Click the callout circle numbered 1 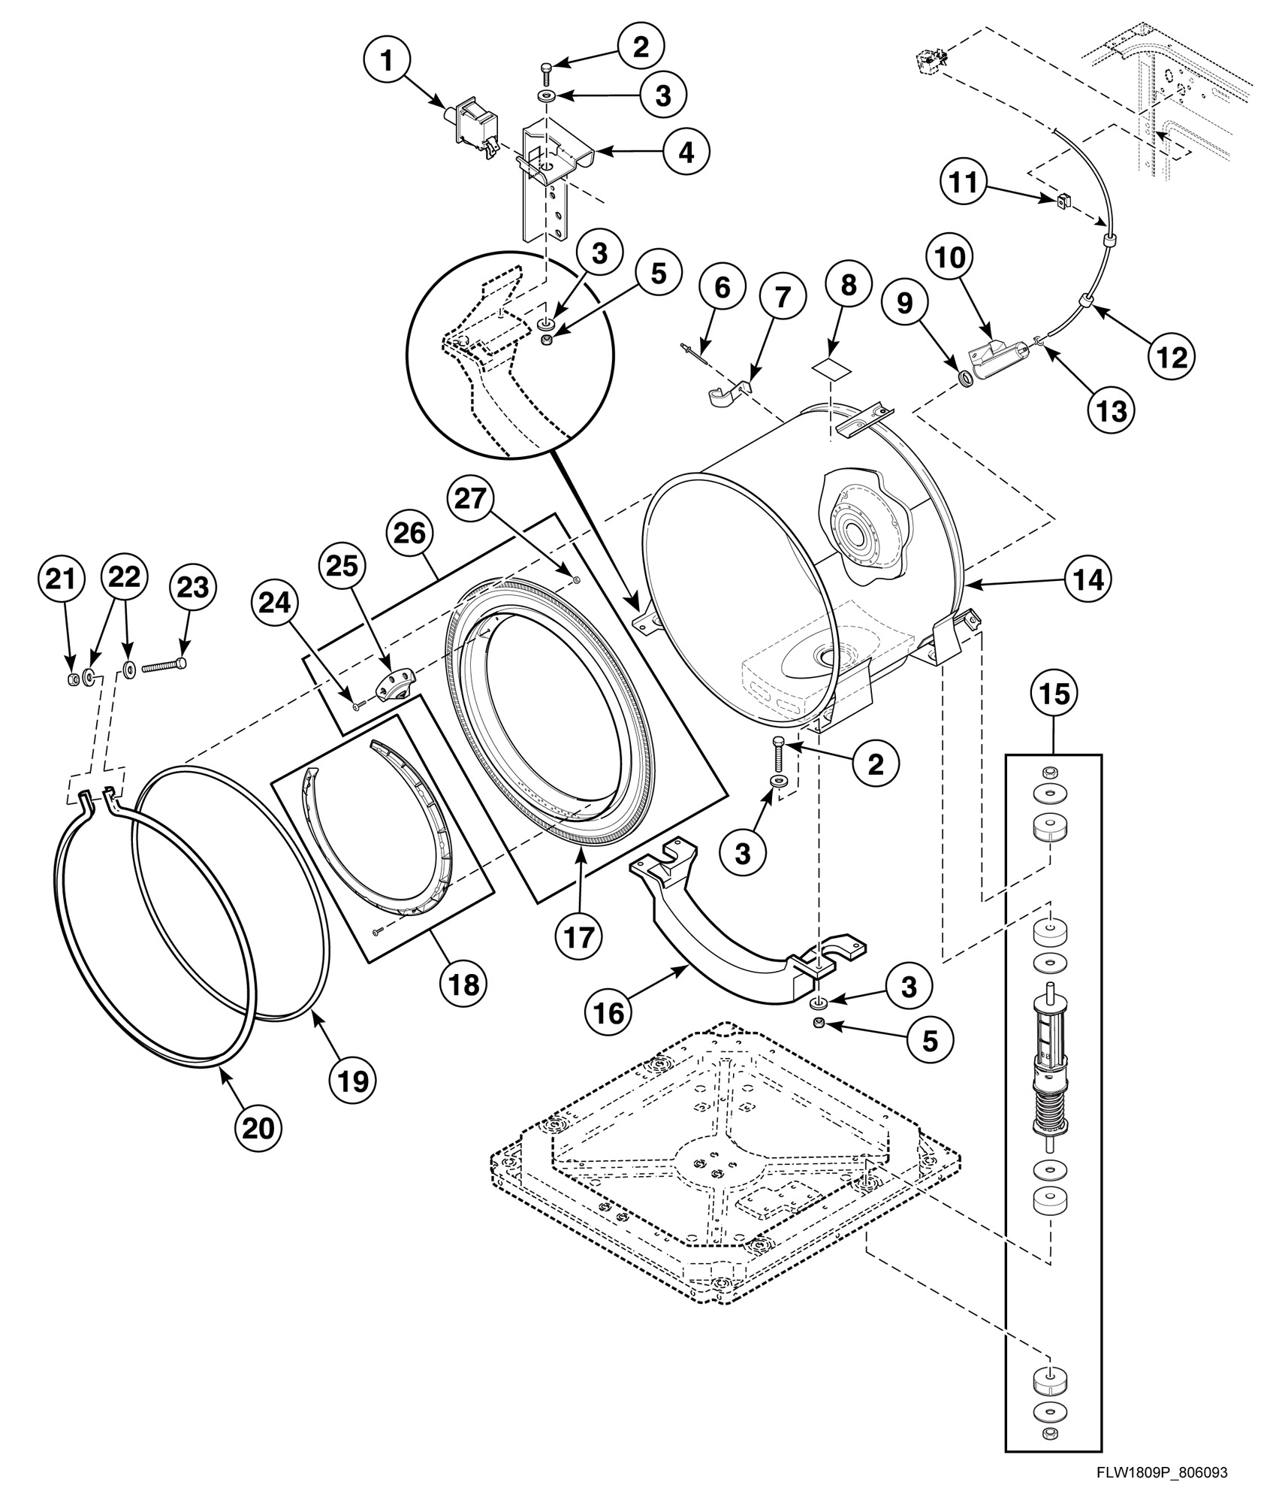[387, 61]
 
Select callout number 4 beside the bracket [686, 152]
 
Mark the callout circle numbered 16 [609, 1012]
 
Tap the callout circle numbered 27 [470, 499]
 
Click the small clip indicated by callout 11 [1061, 200]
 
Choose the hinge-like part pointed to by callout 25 [391, 685]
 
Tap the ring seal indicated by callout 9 [967, 377]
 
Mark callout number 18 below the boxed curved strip [465, 984]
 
